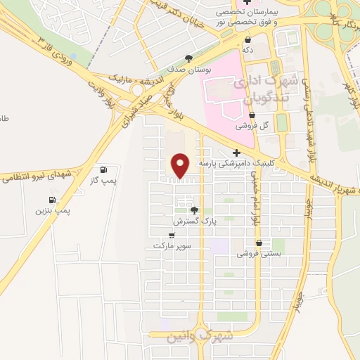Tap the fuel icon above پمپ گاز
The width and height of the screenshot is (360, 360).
coord(104,169)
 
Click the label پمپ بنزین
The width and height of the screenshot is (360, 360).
coord(53,210)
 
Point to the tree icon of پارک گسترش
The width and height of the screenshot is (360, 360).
coord(194,210)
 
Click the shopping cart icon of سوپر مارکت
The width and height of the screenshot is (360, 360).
coord(172,234)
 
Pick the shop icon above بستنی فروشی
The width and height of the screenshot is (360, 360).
coord(259,243)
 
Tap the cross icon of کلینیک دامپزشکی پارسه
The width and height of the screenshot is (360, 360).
coord(236,153)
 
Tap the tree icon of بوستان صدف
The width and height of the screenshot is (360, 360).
coord(188,59)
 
